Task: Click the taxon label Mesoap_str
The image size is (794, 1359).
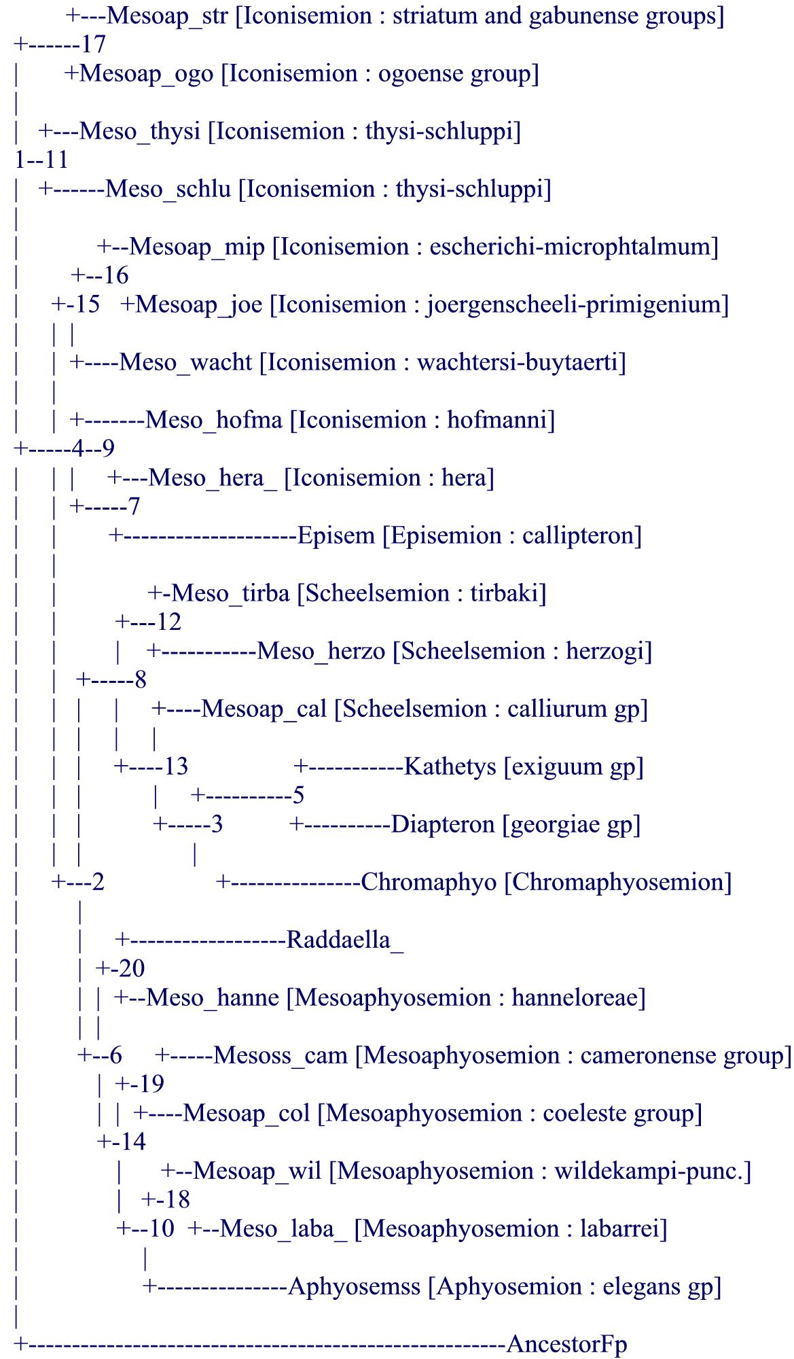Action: click(x=167, y=16)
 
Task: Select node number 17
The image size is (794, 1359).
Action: click(x=93, y=45)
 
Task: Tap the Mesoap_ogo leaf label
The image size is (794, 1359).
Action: click(x=146, y=73)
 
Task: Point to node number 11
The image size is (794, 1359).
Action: click(x=56, y=160)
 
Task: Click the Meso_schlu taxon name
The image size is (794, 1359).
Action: click(x=168, y=189)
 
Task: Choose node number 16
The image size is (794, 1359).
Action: click(x=115, y=276)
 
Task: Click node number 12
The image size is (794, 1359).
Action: click(x=168, y=622)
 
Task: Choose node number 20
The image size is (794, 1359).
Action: click(x=131, y=969)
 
